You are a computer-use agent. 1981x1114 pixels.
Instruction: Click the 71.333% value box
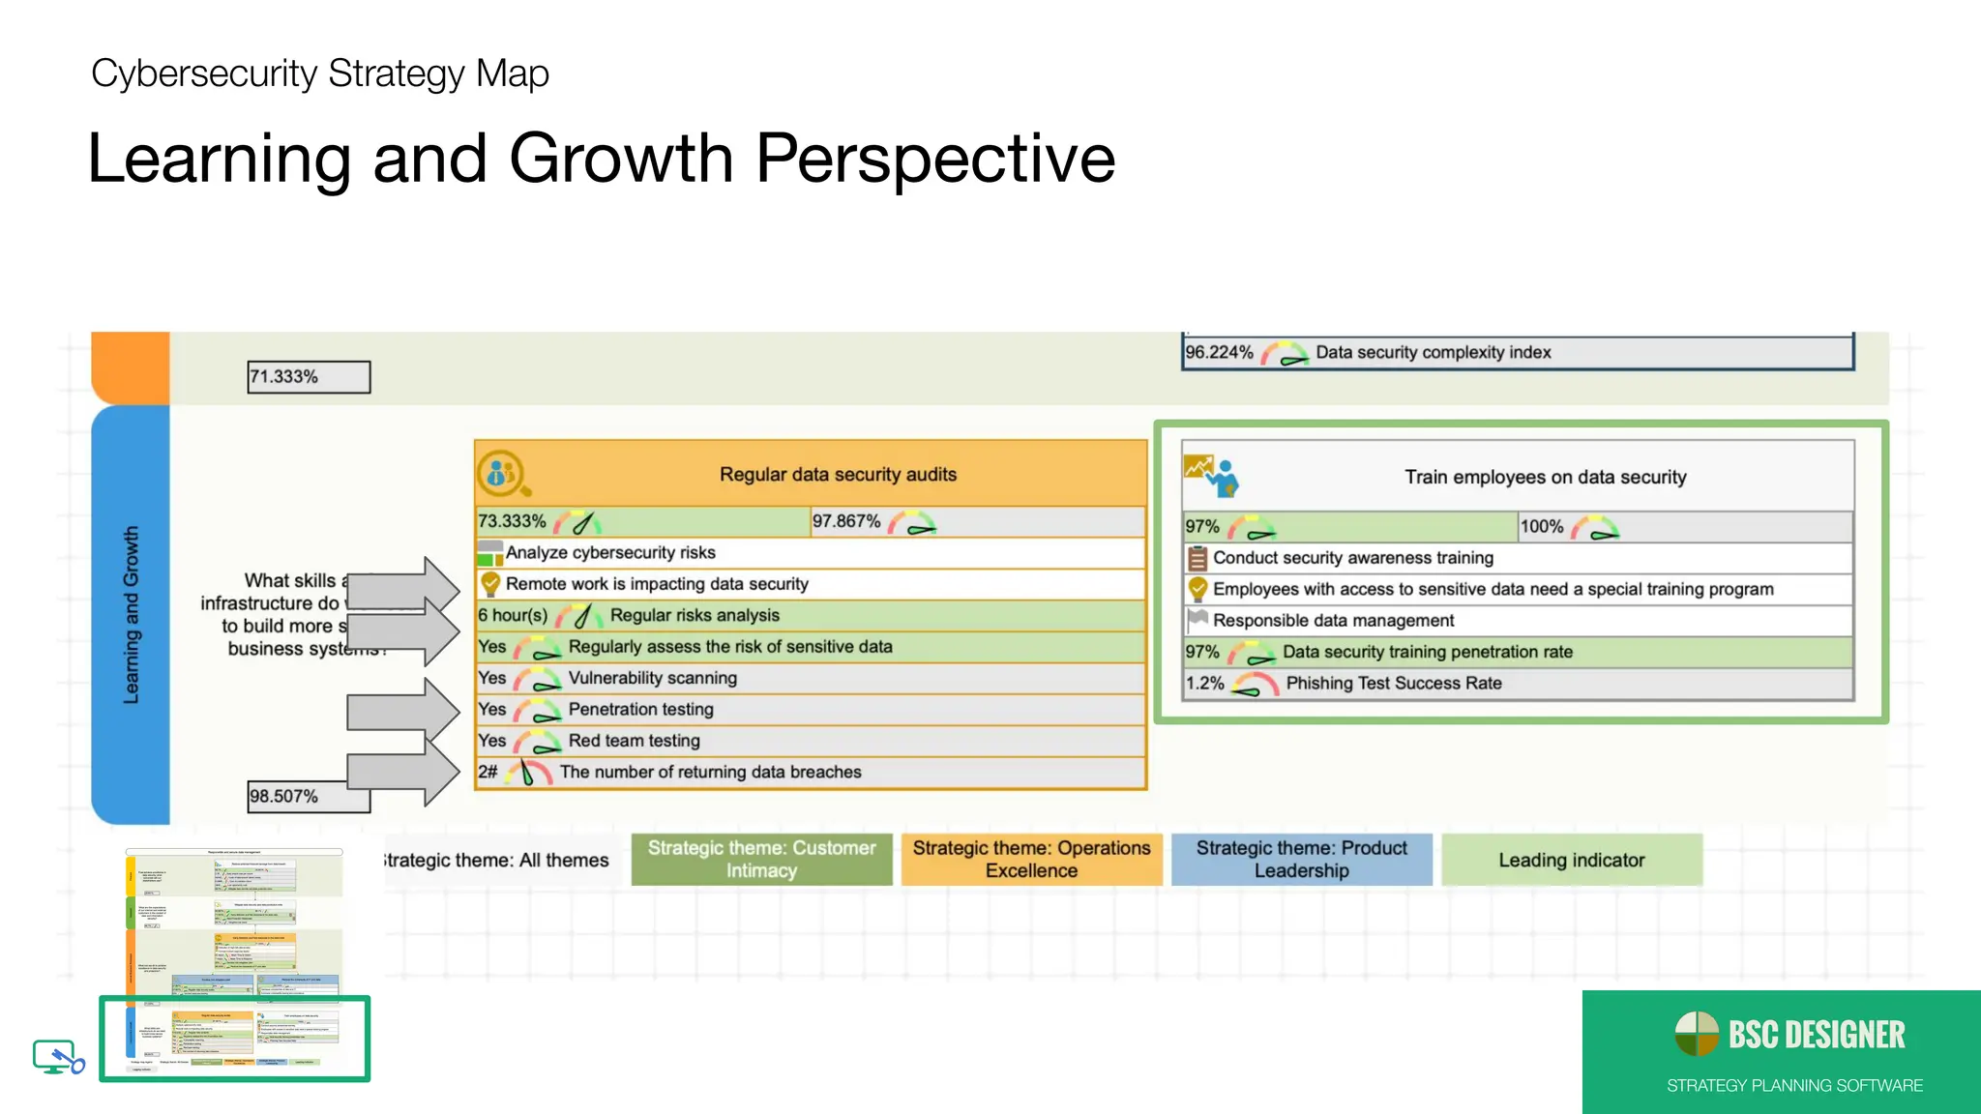point(308,377)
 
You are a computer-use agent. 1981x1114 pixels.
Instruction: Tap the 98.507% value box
point(308,797)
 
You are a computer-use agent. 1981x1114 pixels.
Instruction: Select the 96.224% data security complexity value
point(1219,353)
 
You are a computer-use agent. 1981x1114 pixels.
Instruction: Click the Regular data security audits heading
point(838,475)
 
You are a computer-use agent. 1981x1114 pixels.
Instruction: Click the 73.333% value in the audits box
point(512,522)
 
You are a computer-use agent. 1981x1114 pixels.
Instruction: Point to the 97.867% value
point(846,522)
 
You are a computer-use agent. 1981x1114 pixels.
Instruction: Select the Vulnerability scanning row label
point(652,679)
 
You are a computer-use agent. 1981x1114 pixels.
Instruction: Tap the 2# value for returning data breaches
point(488,773)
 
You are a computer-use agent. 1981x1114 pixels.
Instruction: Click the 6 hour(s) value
point(513,616)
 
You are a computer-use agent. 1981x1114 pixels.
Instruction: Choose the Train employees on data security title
point(1545,478)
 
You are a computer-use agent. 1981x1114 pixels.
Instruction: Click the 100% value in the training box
point(1542,527)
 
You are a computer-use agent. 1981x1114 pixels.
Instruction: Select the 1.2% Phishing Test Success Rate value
point(1205,684)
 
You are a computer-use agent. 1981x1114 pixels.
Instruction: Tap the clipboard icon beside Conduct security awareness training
point(1197,558)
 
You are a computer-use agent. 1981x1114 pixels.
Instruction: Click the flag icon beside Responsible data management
point(1197,619)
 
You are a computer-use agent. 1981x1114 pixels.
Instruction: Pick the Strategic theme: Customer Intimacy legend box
point(761,860)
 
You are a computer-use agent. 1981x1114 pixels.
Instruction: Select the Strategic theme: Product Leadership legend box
point(1301,860)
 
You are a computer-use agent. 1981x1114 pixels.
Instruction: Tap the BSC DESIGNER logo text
point(1816,1036)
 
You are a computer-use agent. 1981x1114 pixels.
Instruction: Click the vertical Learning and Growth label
point(132,615)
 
